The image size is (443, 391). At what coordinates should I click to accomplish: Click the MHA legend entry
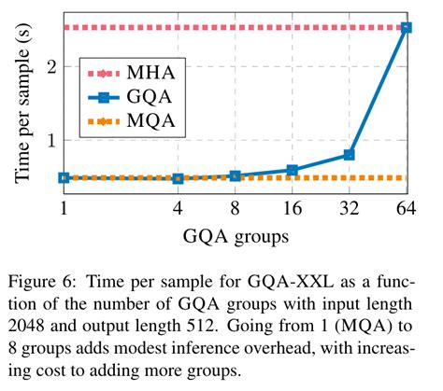pos(130,71)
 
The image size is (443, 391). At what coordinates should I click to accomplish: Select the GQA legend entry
pos(130,96)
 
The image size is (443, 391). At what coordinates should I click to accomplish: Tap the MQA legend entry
pos(130,120)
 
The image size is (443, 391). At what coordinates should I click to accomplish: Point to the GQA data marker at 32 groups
pos(349,154)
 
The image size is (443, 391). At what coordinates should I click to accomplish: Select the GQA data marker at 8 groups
pos(235,175)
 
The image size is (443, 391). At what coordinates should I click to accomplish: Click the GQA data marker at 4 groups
pos(178,178)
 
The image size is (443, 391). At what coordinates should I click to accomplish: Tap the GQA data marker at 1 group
pos(64,177)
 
